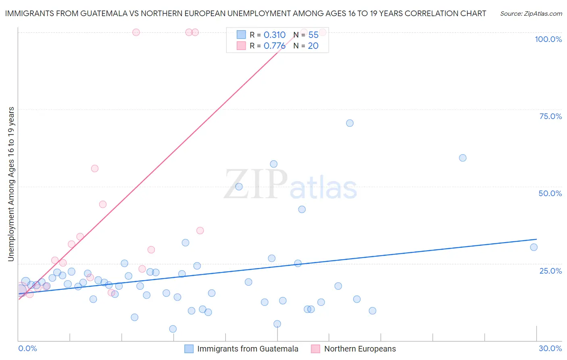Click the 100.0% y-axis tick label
pos(548,39)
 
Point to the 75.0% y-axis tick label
pos(550,116)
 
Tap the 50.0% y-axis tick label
pos(550,193)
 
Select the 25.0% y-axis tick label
pos(550,270)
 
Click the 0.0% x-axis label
pos(27,348)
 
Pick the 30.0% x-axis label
pos(550,348)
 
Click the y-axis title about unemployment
pos(11,184)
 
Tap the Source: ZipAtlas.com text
pos(531,14)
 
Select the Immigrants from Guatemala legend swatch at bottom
pos(189,349)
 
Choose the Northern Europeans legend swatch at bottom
pos(315,349)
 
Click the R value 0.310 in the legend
pos(274,35)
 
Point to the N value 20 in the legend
pos(313,46)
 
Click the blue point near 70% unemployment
pos(350,123)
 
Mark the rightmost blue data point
pos(534,247)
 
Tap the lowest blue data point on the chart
pos(173,329)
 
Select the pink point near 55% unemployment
pos(95,168)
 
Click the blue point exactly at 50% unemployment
pos(239,186)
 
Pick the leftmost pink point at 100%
pos(136,32)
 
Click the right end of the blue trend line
pos(536,239)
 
